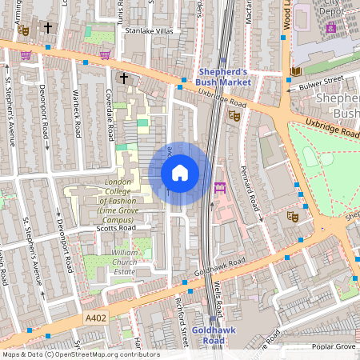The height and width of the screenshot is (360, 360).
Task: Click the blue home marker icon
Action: tap(180, 173)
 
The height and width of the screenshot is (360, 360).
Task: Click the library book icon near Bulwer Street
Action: tap(296, 72)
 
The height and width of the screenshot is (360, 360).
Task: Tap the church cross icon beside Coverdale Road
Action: tap(123, 78)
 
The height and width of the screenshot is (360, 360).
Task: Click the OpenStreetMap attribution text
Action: tap(80, 354)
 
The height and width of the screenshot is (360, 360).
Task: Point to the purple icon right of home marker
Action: tap(220, 187)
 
